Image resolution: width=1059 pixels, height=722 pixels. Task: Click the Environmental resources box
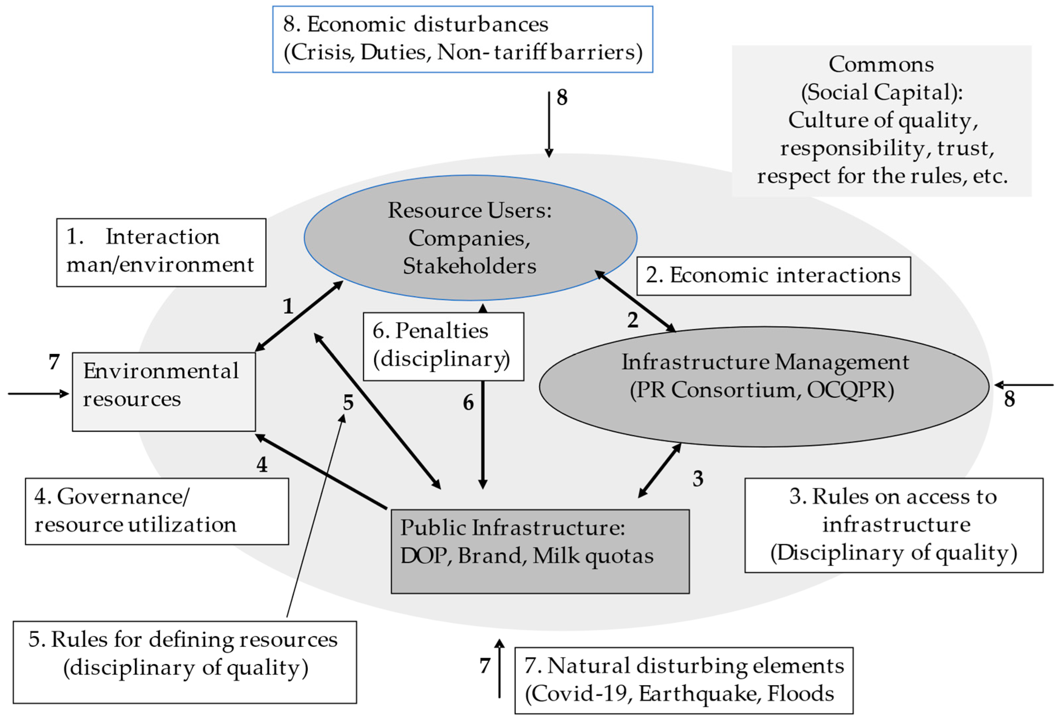point(164,392)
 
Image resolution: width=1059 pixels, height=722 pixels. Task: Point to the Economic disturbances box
point(462,39)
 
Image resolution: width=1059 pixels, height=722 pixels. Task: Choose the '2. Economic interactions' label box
point(773,276)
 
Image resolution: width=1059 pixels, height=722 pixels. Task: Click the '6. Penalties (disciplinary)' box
point(443,346)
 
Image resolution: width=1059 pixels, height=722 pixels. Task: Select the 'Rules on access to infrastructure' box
point(894,525)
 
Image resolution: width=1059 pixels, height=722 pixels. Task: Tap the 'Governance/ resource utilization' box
point(157,511)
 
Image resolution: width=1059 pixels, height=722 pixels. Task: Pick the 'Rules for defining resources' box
point(185,662)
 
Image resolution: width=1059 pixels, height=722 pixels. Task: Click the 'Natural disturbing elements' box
point(683,680)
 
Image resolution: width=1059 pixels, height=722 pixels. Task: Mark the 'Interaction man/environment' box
point(161,252)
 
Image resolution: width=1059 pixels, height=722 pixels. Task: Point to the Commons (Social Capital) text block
point(881,121)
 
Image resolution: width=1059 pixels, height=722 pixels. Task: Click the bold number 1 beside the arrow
point(288,306)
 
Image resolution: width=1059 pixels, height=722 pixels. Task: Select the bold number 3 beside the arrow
point(698,478)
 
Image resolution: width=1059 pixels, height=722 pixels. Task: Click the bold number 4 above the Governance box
point(262,465)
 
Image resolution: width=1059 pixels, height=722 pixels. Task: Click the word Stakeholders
point(469,266)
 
